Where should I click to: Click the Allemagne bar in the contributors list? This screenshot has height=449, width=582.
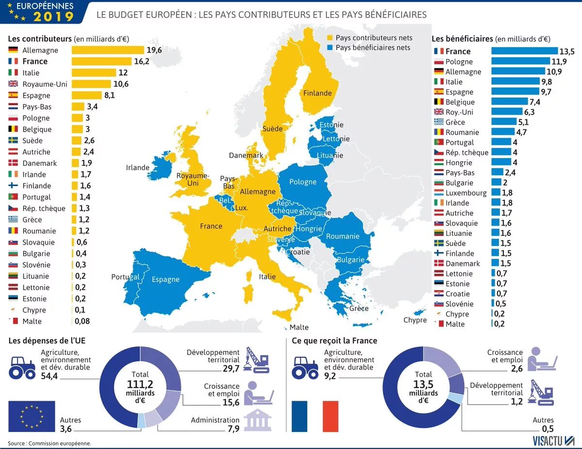[108, 50]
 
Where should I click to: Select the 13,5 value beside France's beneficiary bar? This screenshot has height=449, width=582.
[567, 51]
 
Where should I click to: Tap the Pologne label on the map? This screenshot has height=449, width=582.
[303, 182]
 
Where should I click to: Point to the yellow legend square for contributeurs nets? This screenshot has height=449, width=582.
[330, 38]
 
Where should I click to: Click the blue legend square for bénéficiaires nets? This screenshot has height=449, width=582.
[330, 47]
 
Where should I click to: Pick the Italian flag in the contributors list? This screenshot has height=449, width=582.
[13, 73]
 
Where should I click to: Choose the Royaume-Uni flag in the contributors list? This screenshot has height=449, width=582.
[13, 84]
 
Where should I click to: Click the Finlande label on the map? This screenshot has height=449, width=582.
[317, 93]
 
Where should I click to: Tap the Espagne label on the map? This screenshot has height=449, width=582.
[165, 279]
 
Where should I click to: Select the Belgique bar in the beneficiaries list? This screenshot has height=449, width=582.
[509, 102]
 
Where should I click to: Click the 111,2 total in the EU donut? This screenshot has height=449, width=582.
[140, 384]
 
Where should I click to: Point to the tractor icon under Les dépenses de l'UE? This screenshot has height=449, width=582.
[22, 367]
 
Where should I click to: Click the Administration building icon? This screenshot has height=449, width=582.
[258, 420]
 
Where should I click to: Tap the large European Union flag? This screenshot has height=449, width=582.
[32, 416]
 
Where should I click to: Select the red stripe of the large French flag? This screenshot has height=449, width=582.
[330, 416]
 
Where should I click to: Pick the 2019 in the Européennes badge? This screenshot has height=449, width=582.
[53, 16]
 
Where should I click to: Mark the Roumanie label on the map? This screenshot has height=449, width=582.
[342, 236]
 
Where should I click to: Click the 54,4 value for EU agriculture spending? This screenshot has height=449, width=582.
[49, 376]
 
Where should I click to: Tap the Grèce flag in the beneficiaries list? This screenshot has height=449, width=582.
[439, 122]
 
